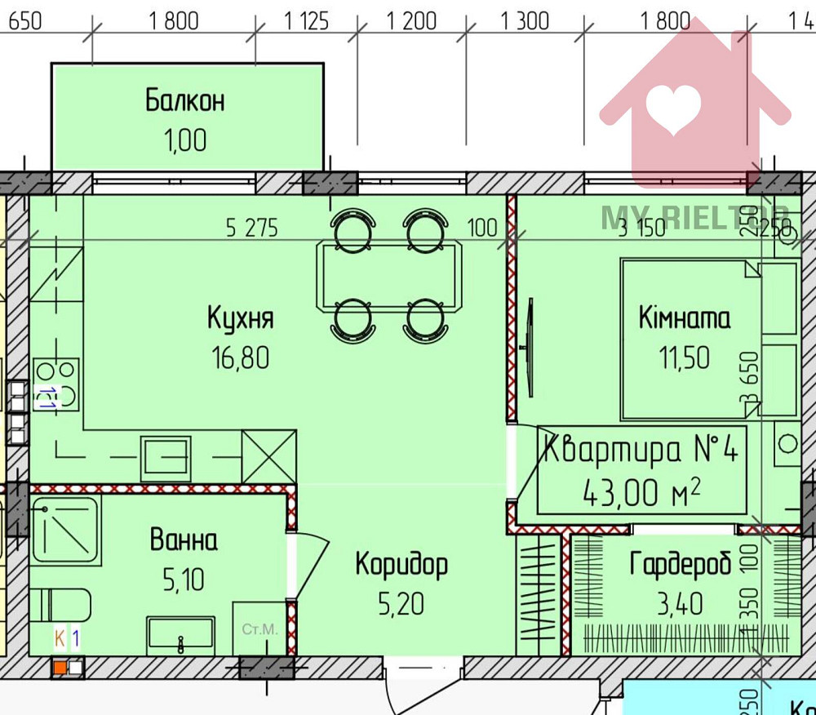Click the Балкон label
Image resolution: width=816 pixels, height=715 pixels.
tap(184, 101)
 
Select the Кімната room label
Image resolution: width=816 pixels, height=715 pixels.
tap(684, 318)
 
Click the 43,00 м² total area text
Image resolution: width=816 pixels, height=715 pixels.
tap(641, 492)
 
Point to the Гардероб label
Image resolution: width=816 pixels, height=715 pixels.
tap(680, 564)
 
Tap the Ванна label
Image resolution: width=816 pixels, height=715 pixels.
tap(184, 540)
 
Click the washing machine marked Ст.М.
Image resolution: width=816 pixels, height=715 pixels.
tap(260, 629)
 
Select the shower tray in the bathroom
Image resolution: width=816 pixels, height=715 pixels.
tap(66, 529)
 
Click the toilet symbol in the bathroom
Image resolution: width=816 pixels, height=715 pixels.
tap(61, 605)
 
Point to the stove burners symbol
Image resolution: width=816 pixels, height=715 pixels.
tap(56, 384)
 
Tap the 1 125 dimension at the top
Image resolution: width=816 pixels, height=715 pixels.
tap(307, 20)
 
